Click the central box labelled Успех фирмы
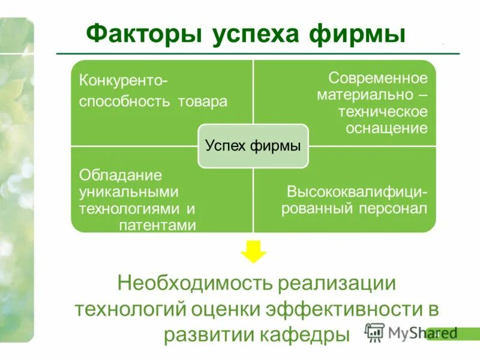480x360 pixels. click(253, 146)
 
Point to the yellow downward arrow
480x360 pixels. click(253, 251)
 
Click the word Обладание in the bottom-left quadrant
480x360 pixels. click(121, 176)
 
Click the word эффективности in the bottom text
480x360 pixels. click(346, 308)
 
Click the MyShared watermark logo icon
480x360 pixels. click(375, 332)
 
